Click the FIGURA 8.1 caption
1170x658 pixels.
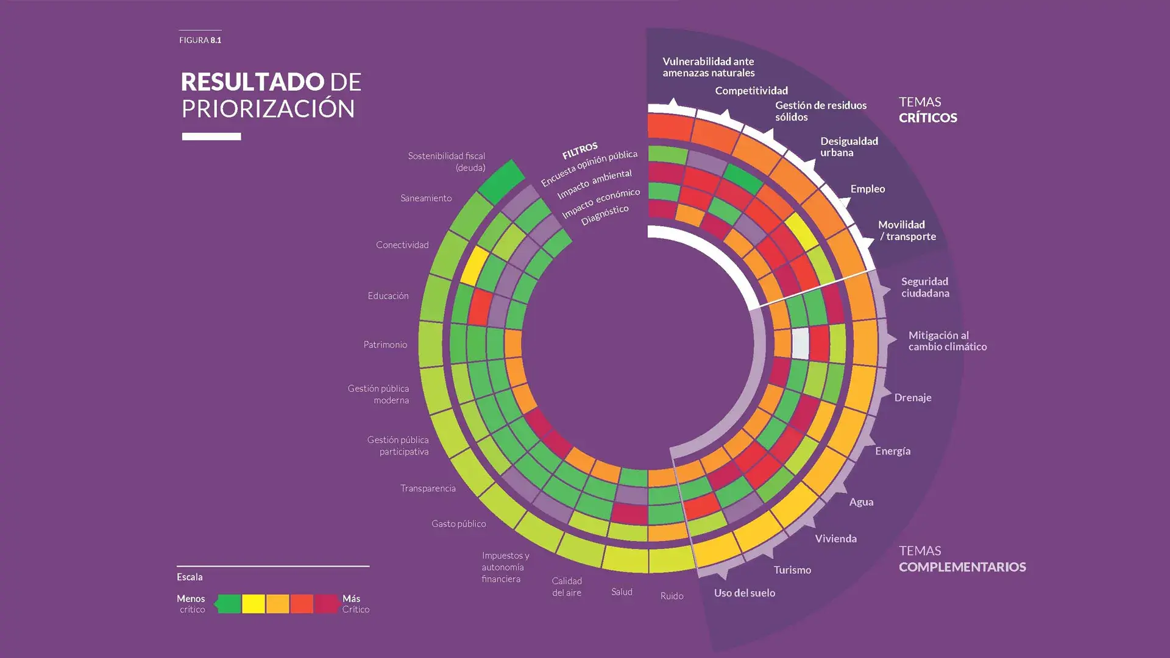(200, 40)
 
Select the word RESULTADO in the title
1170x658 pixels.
(252, 82)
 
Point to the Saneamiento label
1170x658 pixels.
(426, 198)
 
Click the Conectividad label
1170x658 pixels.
(402, 245)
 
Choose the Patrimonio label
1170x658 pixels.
(385, 345)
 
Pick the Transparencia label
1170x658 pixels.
(428, 488)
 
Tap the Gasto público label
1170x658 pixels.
(459, 523)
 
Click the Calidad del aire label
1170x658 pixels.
(567, 587)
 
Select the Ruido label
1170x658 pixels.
(672, 596)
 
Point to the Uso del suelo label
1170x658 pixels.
(744, 593)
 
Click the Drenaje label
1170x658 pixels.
(912, 398)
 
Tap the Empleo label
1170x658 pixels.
(867, 189)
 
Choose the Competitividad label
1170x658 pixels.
(751, 91)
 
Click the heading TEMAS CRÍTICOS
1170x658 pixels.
(927, 110)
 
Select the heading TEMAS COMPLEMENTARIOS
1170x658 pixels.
(962, 559)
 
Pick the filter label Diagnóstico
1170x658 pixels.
(604, 215)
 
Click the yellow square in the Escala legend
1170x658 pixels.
(253, 604)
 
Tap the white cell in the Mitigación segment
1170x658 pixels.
(800, 343)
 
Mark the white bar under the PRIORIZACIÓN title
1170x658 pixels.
(211, 136)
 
